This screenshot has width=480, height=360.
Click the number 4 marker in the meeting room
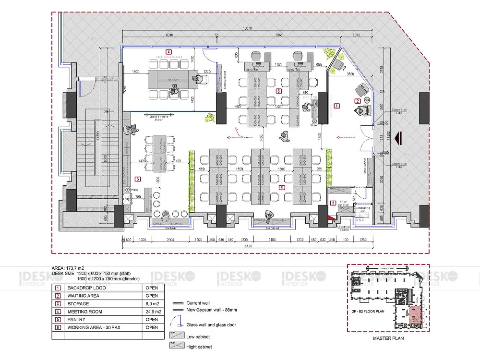(x=168, y=51)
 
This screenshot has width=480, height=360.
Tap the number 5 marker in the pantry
(x=138, y=179)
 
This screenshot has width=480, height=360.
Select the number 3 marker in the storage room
(x=333, y=203)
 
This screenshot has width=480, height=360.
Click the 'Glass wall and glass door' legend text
(x=211, y=325)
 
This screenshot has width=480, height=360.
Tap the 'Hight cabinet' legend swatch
(x=174, y=346)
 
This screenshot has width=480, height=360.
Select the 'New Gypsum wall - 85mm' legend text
(x=211, y=310)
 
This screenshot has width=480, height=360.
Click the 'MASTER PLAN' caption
(x=388, y=338)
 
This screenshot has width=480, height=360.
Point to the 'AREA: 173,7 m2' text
(x=72, y=268)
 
